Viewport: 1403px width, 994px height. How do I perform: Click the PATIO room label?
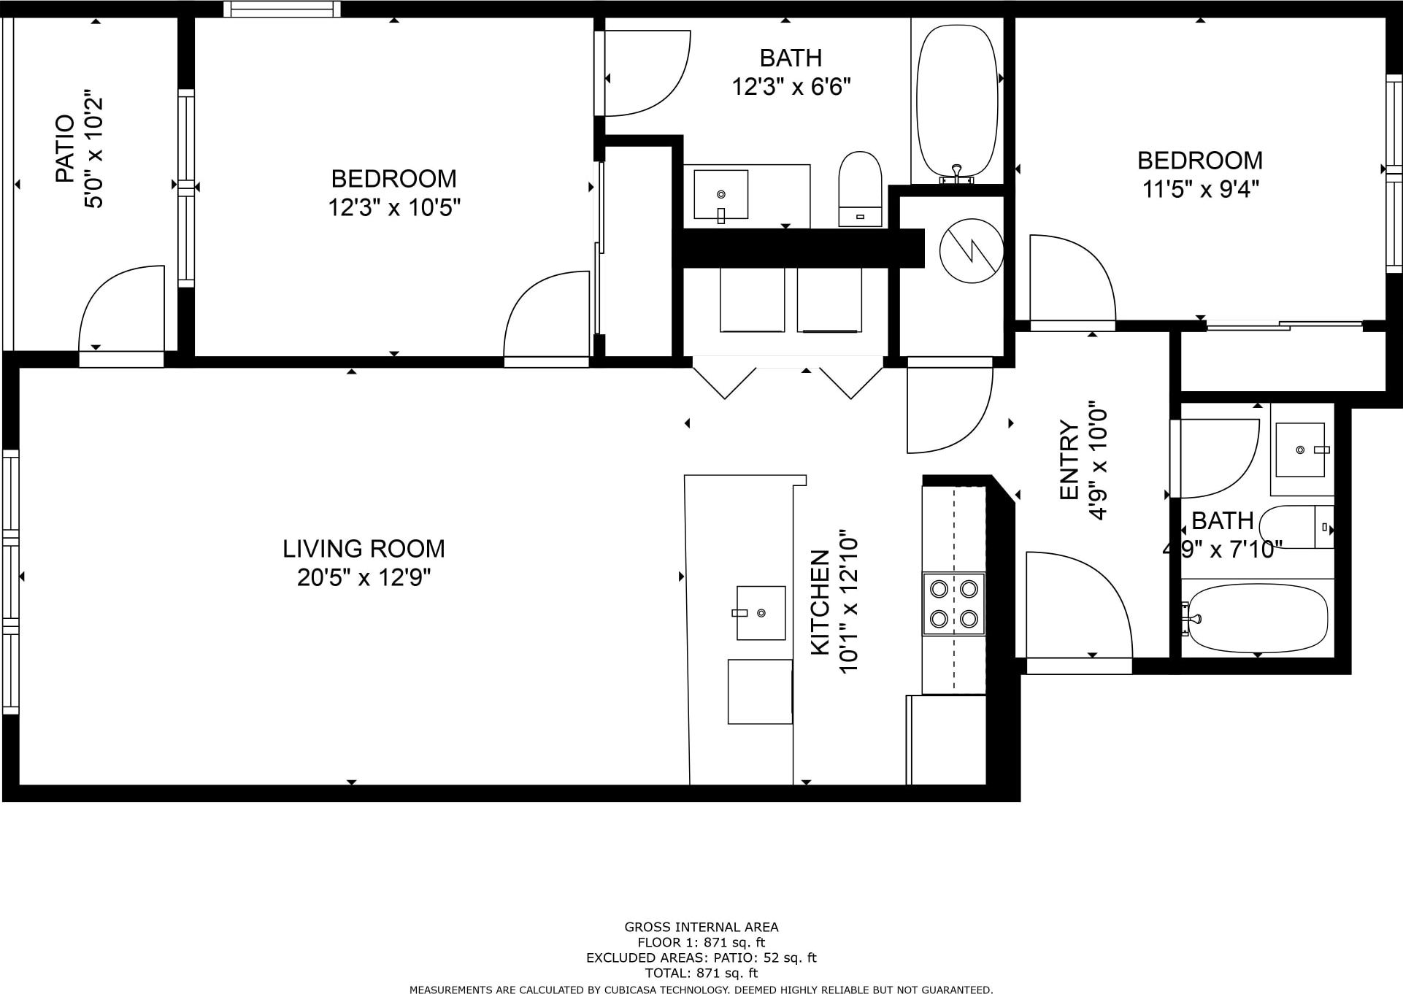click(x=65, y=149)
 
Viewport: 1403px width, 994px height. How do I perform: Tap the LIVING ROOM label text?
click(x=364, y=548)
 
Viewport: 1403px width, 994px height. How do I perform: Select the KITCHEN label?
click(x=820, y=602)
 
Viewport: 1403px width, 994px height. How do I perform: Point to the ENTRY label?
click(x=1069, y=461)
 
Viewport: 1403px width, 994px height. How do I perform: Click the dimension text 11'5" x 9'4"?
click(x=1201, y=190)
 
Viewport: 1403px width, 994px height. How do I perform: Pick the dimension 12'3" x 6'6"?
click(x=791, y=87)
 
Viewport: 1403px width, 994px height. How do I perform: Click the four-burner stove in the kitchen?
click(x=953, y=604)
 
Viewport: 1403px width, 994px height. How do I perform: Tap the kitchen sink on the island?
click(x=761, y=613)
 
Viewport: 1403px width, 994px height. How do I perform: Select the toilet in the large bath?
click(x=860, y=189)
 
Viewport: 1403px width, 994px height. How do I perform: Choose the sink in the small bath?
click(x=1302, y=450)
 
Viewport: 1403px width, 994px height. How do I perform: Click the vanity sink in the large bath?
click(x=720, y=195)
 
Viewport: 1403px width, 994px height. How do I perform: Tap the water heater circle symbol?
click(x=971, y=251)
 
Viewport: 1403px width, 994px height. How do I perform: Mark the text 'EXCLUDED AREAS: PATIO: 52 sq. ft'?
click(x=701, y=958)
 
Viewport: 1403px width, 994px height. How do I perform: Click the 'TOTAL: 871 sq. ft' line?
click(x=701, y=973)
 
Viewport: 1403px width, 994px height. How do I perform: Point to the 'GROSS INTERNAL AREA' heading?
click(x=701, y=927)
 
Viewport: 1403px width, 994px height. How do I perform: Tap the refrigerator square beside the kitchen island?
click(x=760, y=692)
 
